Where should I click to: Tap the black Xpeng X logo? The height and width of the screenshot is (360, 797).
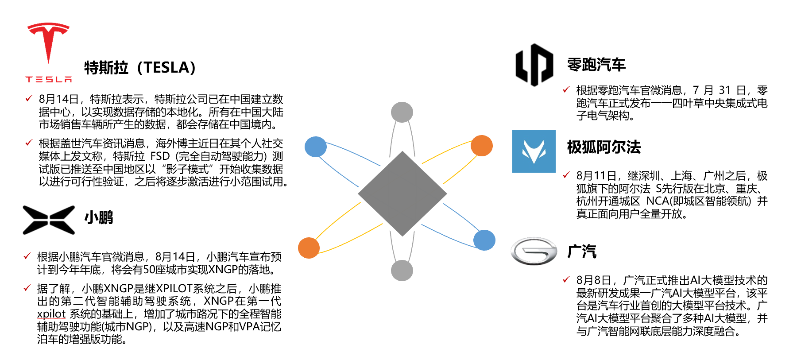coord(49,220)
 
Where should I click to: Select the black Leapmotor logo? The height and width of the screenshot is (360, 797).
coord(534,65)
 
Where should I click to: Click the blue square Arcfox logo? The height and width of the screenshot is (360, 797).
coord(534,151)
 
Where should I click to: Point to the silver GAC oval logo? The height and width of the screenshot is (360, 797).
coord(534,251)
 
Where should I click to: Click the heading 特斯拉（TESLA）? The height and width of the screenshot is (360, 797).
coord(140,68)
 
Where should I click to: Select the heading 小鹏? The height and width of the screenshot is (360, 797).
coord(99,217)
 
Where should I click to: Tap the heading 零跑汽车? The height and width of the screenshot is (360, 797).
coord(596,65)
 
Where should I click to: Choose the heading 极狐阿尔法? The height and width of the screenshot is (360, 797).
coord(604,147)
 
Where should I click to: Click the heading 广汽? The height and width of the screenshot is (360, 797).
coord(582,252)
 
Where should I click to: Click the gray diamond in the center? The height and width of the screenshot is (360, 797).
coord(402,194)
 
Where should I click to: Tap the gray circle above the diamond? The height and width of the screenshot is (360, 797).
coord(402,112)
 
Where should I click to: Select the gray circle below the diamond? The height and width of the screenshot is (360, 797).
coord(402,270)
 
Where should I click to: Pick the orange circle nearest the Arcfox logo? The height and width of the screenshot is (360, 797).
coord(482,146)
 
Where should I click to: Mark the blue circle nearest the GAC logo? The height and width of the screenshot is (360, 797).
coord(484,240)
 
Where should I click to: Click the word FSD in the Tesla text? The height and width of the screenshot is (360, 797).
coord(160,156)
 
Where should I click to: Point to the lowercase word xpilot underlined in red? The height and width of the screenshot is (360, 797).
coord(51,314)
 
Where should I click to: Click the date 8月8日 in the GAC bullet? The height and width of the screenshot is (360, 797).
coord(594,280)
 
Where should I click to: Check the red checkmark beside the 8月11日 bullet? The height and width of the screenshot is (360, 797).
coord(566,175)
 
